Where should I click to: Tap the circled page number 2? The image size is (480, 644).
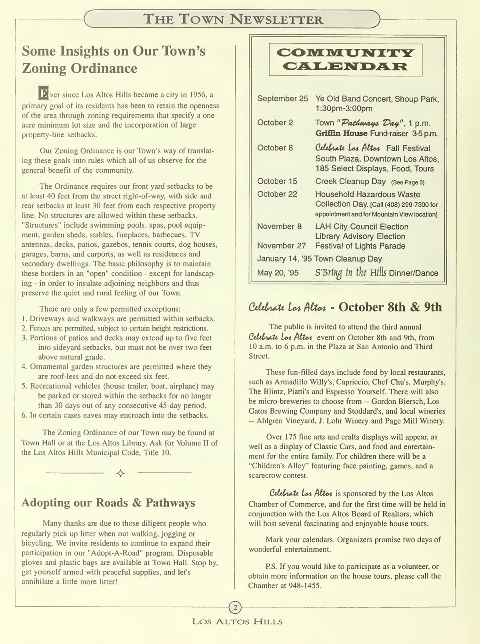[x=235, y=608]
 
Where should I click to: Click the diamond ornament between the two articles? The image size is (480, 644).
[x=120, y=473]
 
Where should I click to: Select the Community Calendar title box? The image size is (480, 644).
[x=346, y=60]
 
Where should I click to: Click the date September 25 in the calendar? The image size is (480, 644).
[x=282, y=98]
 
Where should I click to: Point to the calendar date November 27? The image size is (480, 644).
[x=281, y=246]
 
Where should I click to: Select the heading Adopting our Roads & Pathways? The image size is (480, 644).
[x=108, y=503]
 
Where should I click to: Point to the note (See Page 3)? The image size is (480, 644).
[x=408, y=182]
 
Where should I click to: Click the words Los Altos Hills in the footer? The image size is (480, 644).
[x=237, y=622]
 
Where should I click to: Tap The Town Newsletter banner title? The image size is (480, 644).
[x=233, y=19]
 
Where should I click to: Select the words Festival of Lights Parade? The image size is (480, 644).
[x=360, y=246]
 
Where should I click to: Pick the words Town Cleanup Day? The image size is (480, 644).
[x=348, y=258]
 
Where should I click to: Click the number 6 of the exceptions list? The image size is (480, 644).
[x=24, y=415]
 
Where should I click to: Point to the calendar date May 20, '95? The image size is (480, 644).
[x=278, y=273]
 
